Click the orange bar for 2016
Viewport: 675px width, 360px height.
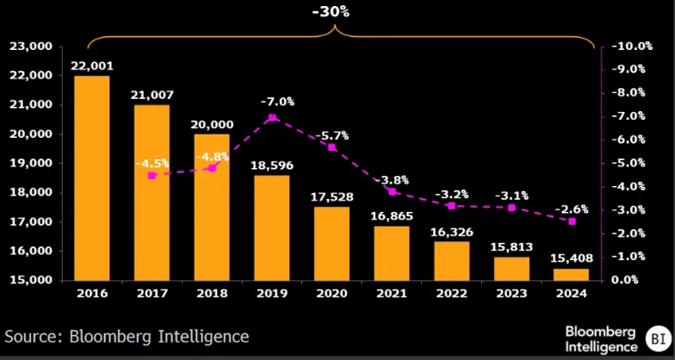[x=91, y=177]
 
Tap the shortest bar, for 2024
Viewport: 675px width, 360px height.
[x=572, y=274]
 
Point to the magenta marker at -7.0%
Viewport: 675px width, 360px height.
[x=272, y=117]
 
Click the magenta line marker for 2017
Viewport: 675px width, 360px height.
[x=152, y=176]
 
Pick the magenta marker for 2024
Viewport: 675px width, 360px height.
[x=572, y=221]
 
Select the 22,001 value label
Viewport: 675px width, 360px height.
[x=91, y=65]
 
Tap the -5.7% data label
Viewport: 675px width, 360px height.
[x=331, y=135]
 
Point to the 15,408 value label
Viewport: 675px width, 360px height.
[x=572, y=258]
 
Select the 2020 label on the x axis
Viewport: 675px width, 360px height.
[x=331, y=294]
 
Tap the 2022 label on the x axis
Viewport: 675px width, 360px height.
[x=451, y=294]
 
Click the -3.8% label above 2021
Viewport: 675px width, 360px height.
[x=392, y=180]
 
